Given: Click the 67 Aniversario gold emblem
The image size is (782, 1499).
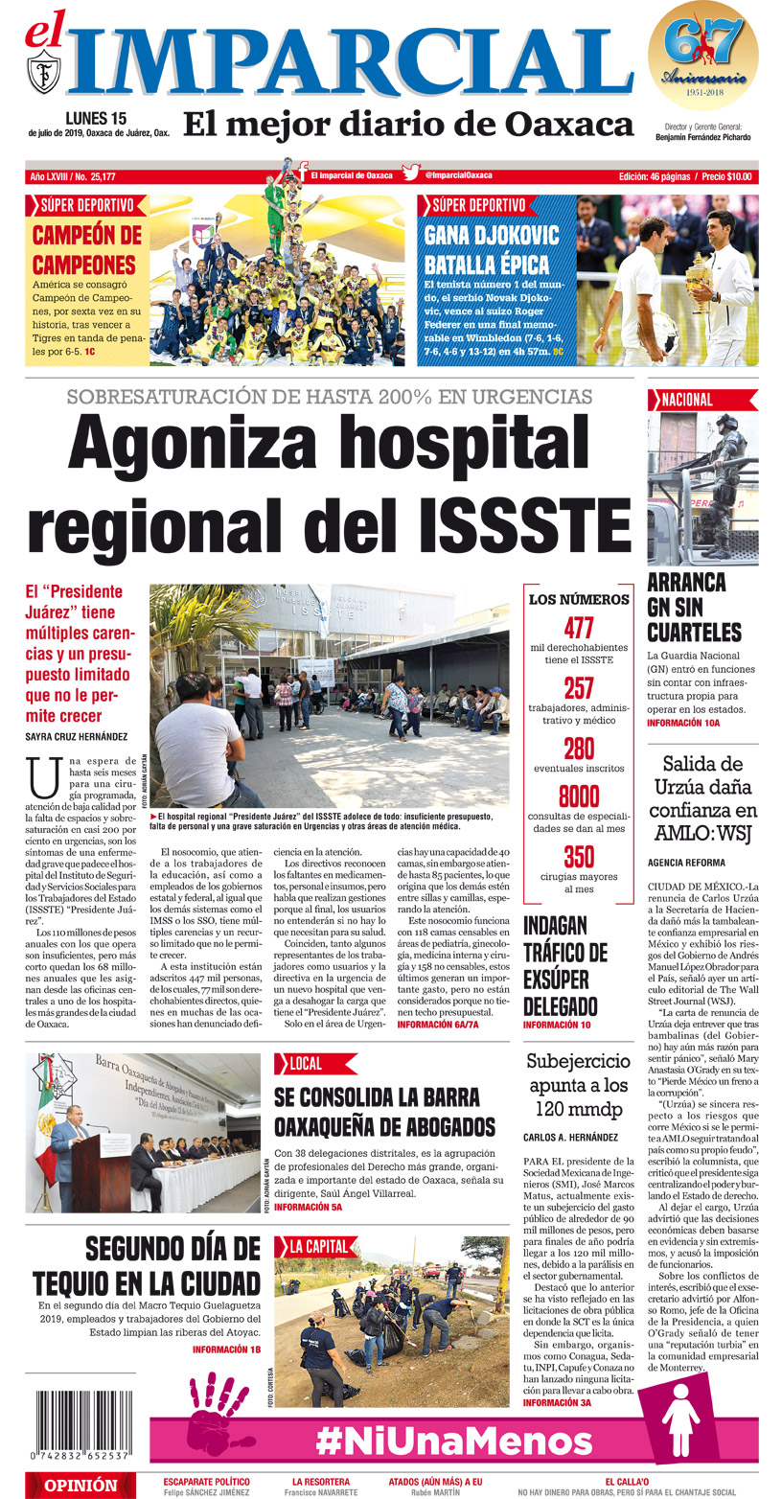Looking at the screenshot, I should [702, 56].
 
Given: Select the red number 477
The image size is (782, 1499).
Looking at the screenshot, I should [579, 629].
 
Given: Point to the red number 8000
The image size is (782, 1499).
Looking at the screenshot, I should [579, 796].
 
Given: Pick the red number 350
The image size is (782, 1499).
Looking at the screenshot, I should [579, 856].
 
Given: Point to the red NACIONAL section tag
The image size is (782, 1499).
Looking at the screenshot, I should [683, 400].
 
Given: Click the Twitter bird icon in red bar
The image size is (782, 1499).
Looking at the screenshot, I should [411, 174].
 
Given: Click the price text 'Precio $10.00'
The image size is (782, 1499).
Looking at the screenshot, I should [726, 176].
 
